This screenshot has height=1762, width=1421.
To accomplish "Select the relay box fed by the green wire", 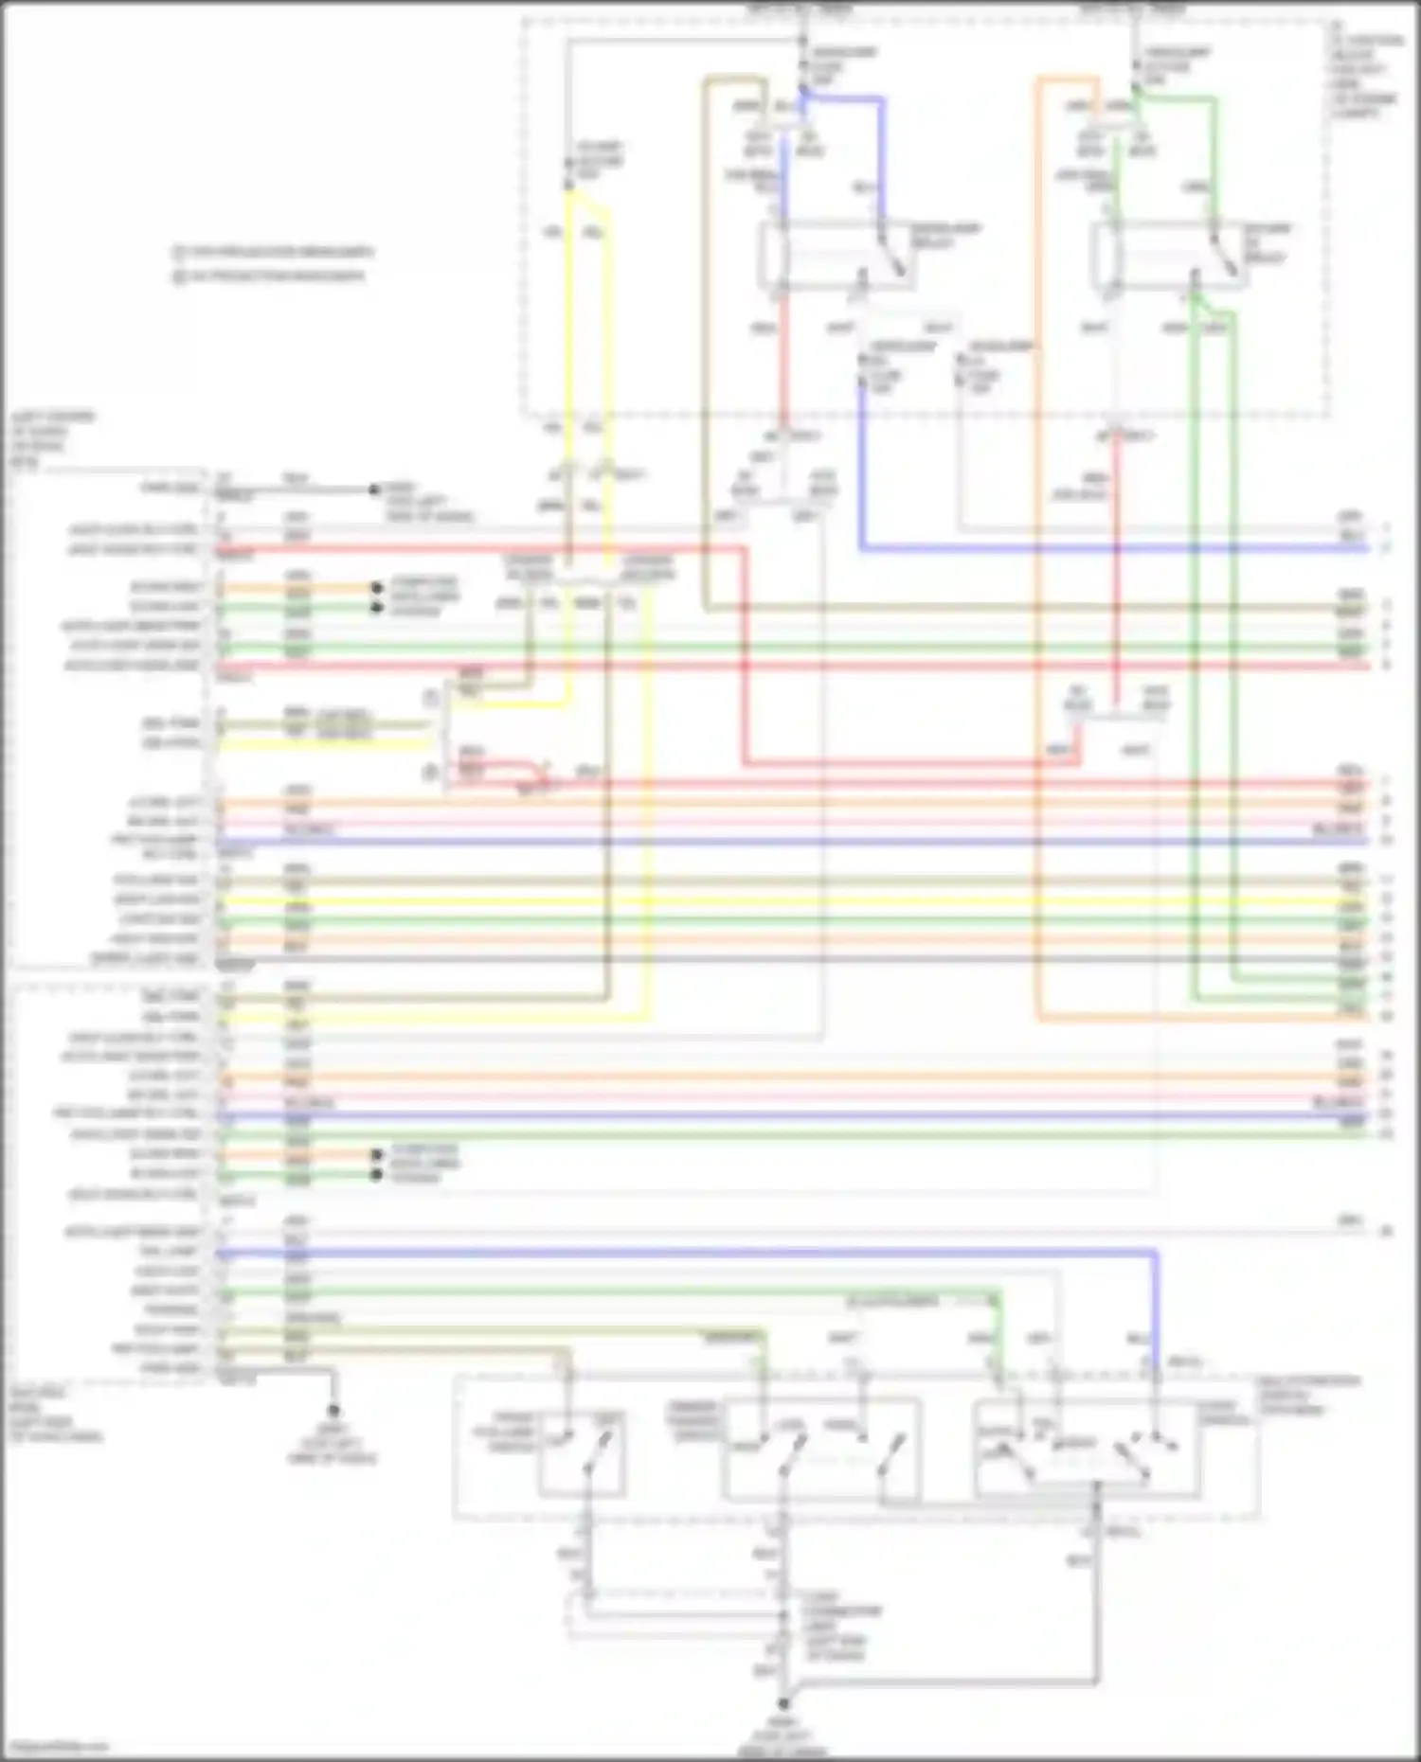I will click(x=1167, y=256).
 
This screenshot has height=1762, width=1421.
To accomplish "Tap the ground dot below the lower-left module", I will click(x=333, y=1411).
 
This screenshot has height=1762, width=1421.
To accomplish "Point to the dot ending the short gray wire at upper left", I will click(x=375, y=489).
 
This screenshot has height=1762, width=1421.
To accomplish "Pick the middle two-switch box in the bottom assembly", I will click(x=820, y=1449).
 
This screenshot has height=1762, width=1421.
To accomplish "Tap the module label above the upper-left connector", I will click(x=52, y=438).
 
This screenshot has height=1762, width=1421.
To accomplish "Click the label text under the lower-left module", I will click(x=57, y=1415).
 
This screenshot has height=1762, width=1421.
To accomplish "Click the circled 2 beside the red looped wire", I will click(x=431, y=773).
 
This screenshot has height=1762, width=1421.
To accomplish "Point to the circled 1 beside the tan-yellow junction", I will click(x=431, y=699).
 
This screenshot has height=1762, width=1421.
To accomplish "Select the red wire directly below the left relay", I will click(x=783, y=360).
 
